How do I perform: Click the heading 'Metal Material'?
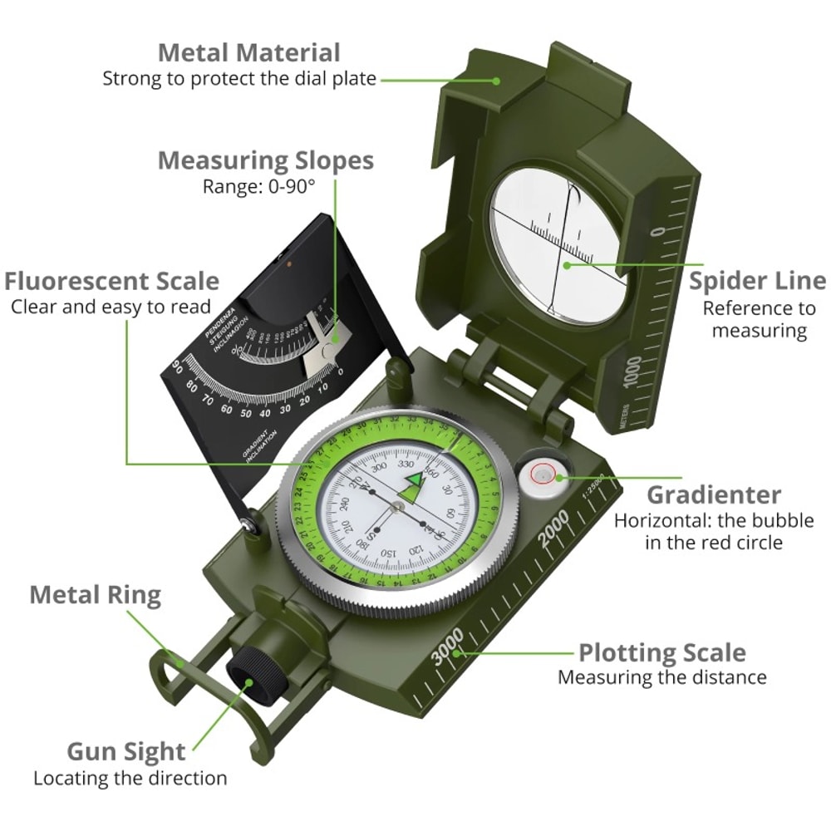[x=249, y=52]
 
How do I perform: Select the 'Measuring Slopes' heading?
[x=265, y=160]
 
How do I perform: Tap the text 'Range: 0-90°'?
[x=259, y=186]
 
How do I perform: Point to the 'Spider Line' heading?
[x=757, y=281]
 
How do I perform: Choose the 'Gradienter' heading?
[x=714, y=495]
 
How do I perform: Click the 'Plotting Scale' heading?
[x=661, y=652]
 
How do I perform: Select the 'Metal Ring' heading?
[x=95, y=595]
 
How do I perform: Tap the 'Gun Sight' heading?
[x=126, y=751]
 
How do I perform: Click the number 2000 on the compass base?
[x=554, y=529]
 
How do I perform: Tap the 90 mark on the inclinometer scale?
[x=176, y=366]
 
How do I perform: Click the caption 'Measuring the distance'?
[x=661, y=677]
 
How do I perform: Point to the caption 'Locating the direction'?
[x=130, y=779]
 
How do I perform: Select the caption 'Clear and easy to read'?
[x=111, y=307]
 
